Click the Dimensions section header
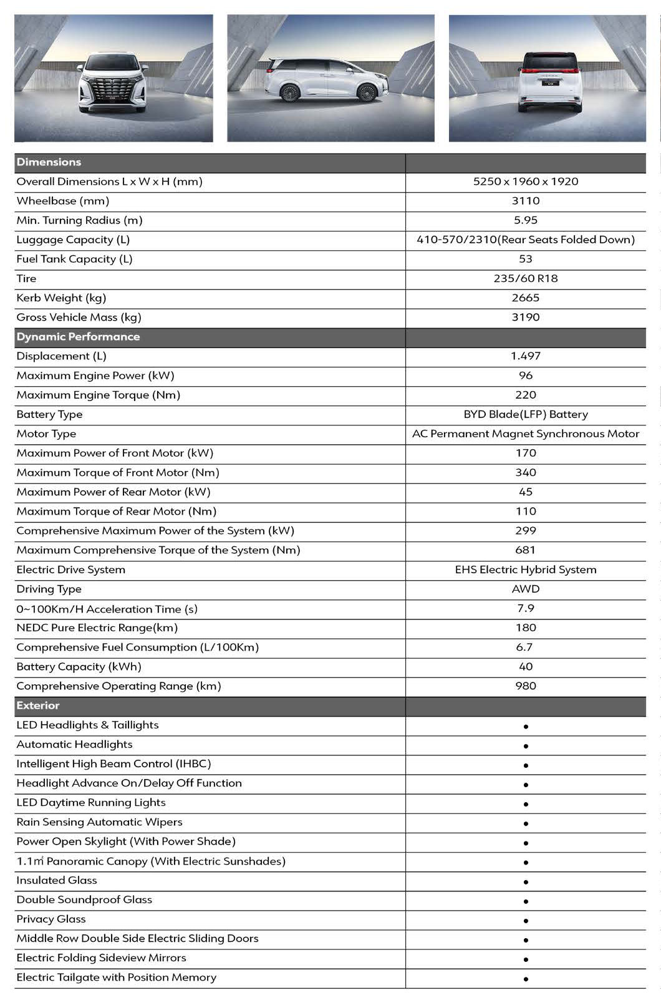pyautogui.click(x=49, y=162)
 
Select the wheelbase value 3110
pyautogui.click(x=525, y=201)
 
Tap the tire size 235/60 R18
pyautogui.click(x=525, y=278)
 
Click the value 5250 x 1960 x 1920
pyautogui.click(x=525, y=182)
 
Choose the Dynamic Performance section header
pyautogui.click(x=78, y=337)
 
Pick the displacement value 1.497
pyautogui.click(x=525, y=356)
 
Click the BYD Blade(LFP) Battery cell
pyautogui.click(x=525, y=414)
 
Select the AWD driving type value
pyautogui.click(x=525, y=589)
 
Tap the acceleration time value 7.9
pyautogui.click(x=525, y=608)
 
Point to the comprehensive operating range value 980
pyautogui.click(x=525, y=686)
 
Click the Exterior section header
pyautogui.click(x=38, y=705)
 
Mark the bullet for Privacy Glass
pyautogui.click(x=526, y=921)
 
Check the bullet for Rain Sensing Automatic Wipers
pyautogui.click(x=526, y=823)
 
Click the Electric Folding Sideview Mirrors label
pyautogui.click(x=101, y=957)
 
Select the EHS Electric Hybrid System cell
pyautogui.click(x=525, y=569)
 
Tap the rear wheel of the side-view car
pyautogui.click(x=289, y=93)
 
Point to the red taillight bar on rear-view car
pyautogui.click(x=547, y=70)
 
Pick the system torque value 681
pyautogui.click(x=525, y=550)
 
